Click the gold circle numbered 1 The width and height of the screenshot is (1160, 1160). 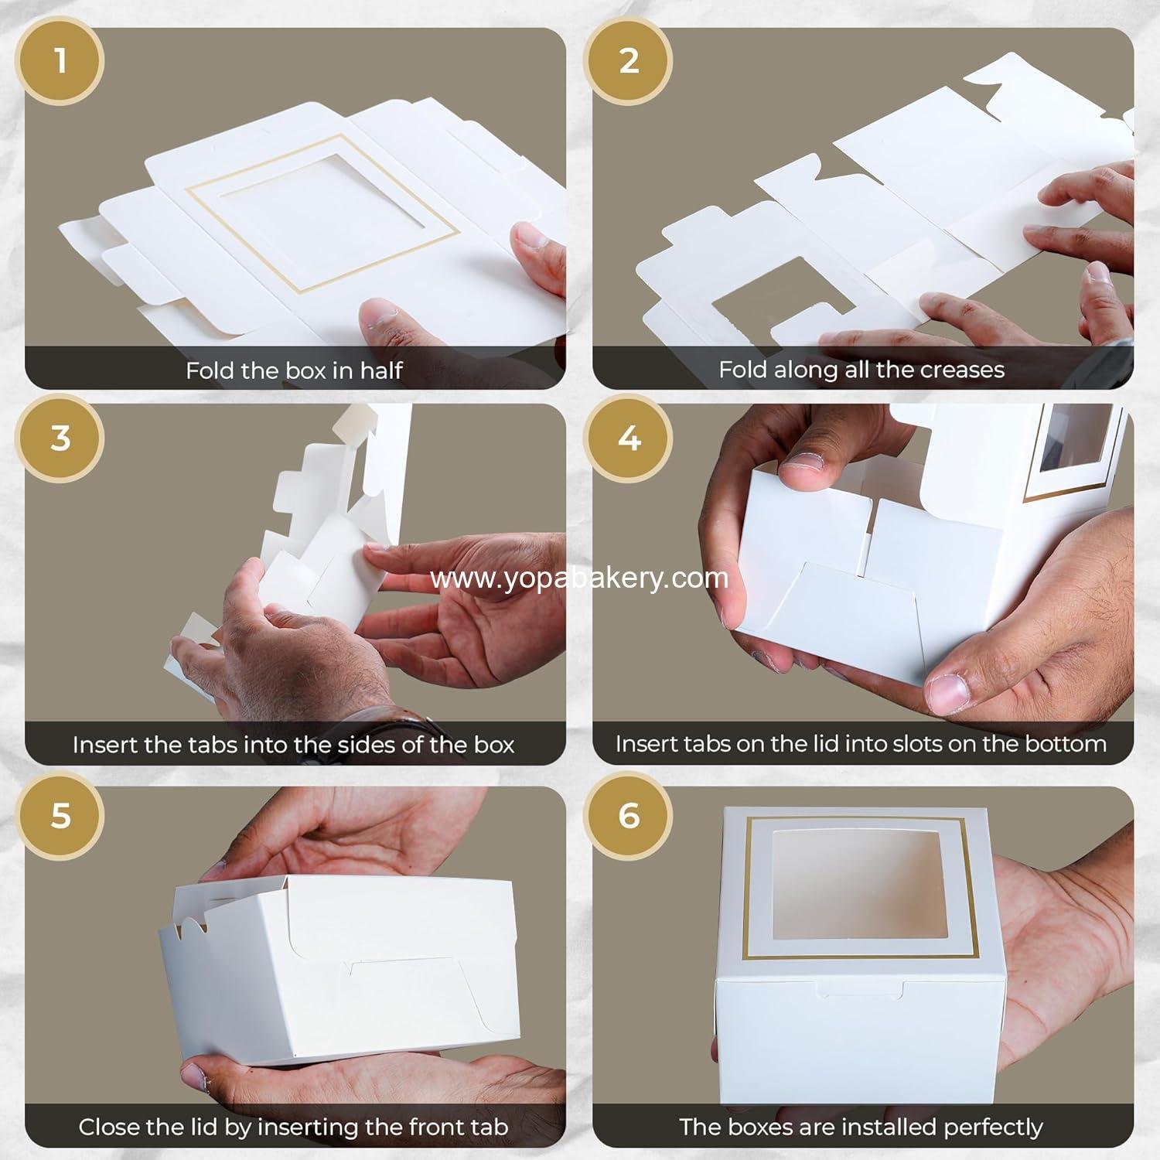point(61,60)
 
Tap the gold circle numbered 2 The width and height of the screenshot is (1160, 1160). point(629,60)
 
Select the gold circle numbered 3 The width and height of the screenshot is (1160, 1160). point(61,438)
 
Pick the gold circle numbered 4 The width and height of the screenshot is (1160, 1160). point(629,438)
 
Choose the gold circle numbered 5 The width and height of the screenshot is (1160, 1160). point(61,815)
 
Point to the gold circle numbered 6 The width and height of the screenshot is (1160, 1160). point(629,815)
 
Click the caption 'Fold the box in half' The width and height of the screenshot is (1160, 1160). point(294,370)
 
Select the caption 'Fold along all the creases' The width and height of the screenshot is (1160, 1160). point(861,370)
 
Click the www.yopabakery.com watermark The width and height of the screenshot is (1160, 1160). point(579,578)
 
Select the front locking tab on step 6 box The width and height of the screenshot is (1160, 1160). point(860,990)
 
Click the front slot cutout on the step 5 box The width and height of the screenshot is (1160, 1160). point(402,976)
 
